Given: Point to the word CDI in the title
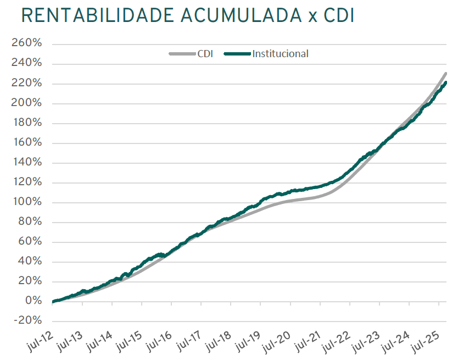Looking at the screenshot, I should click(x=335, y=16).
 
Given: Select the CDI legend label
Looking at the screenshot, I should click(x=205, y=54).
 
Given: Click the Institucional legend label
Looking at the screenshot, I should click(x=280, y=54).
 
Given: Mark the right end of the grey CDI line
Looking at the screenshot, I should click(x=445, y=73).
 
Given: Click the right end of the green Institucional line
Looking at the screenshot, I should click(x=445, y=82).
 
